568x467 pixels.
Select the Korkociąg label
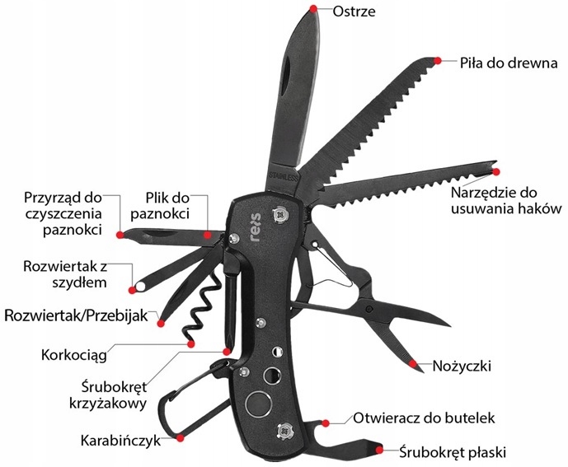82,356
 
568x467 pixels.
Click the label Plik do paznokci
168,205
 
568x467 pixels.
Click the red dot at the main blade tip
313,8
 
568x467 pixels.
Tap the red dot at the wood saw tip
439,60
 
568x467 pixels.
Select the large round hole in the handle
259,405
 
